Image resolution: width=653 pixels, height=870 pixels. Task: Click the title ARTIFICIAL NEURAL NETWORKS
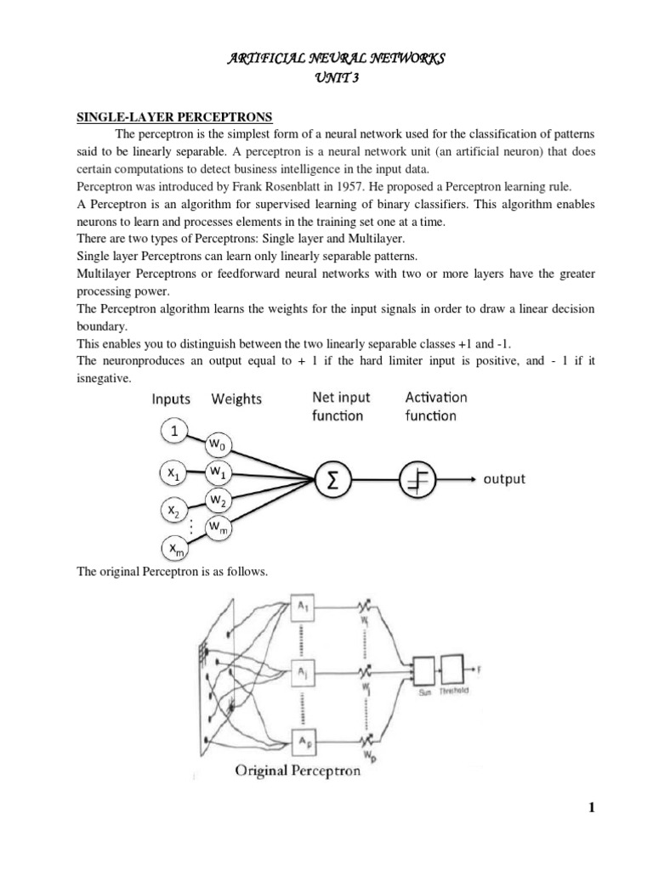pyautogui.click(x=326, y=58)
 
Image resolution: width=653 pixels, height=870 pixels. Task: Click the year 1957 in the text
pyautogui.click(x=346, y=184)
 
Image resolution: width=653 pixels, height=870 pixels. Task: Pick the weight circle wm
pyautogui.click(x=218, y=531)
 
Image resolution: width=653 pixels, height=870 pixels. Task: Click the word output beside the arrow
pyautogui.click(x=504, y=479)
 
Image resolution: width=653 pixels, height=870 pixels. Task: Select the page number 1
pyautogui.click(x=592, y=809)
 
